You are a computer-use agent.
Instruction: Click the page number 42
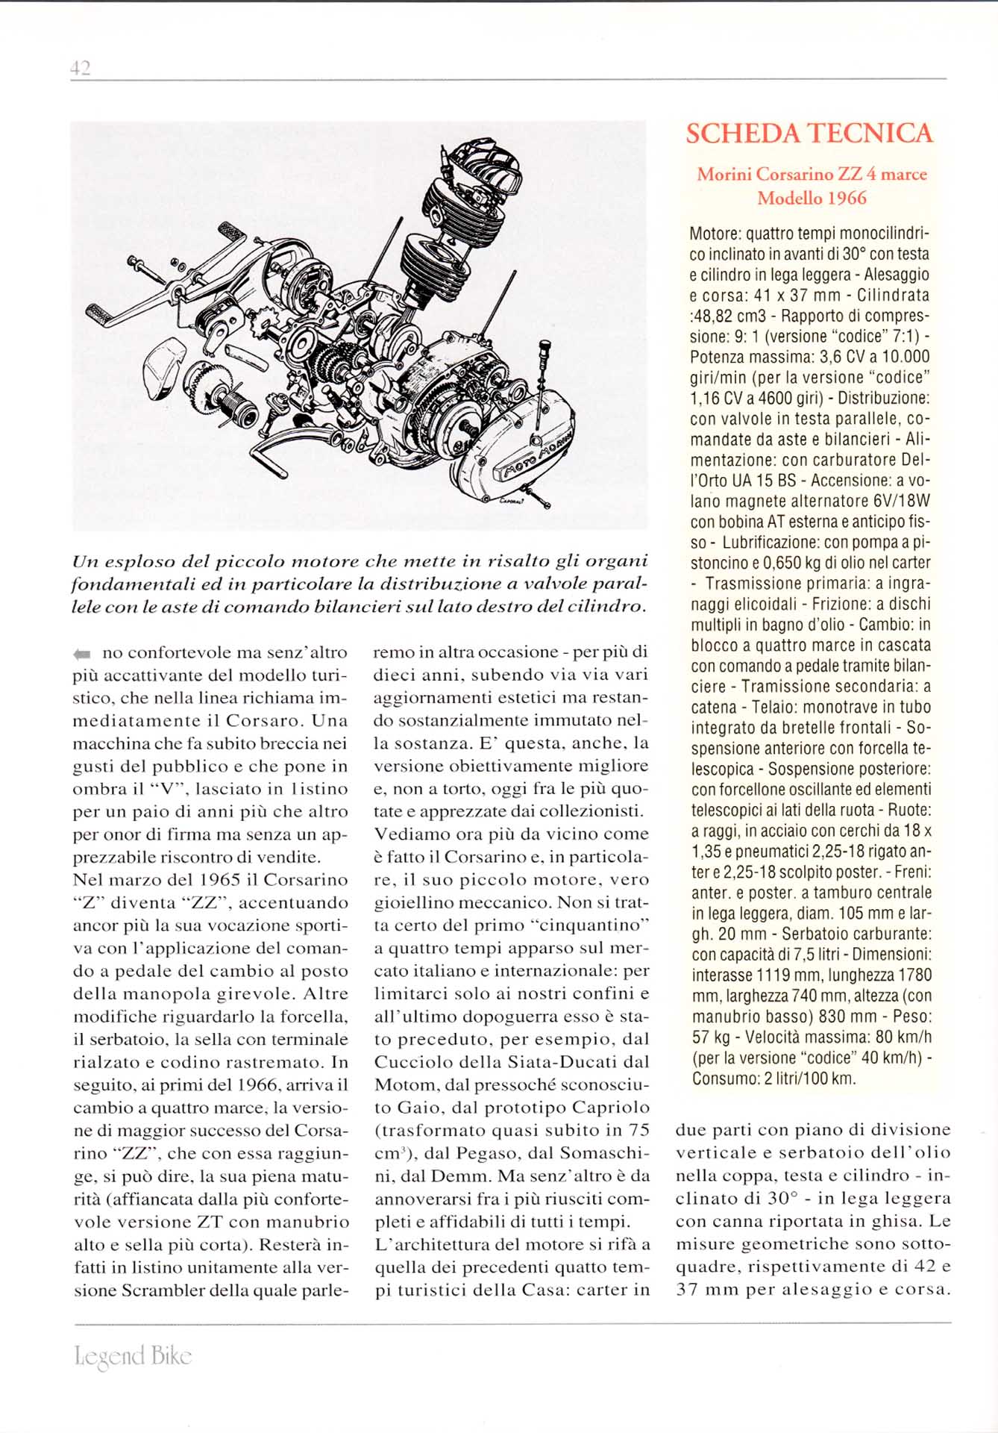(80, 68)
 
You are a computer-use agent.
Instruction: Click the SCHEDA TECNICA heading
(809, 134)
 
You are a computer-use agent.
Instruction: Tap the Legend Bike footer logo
(134, 1355)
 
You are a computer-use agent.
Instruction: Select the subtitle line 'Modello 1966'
(812, 199)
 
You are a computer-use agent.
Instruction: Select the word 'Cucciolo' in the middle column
(415, 1062)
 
